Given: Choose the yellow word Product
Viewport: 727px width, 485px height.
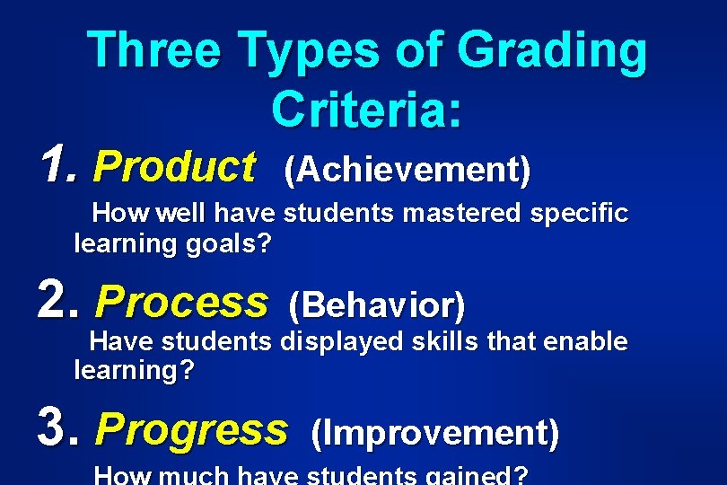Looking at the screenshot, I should point(174,166).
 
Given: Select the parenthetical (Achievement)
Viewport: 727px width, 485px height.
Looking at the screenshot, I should point(407,168).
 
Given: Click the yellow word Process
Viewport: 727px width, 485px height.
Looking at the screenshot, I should point(180,303).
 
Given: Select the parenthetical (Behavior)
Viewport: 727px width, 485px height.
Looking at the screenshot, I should point(377,306).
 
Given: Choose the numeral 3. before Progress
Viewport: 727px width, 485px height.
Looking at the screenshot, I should point(61,429).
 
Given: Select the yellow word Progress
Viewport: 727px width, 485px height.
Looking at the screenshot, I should point(191,430).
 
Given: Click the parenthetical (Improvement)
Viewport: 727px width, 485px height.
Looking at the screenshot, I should point(434,433).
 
